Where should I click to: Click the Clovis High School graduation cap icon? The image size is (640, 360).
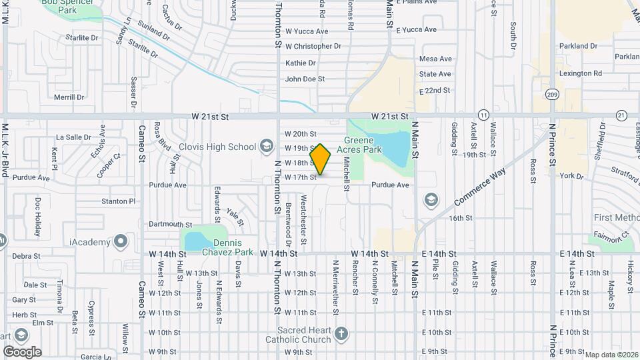coord(266,147)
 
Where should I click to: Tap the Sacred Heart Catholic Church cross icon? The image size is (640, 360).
coord(341,333)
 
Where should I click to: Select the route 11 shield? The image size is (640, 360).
coord(483,115)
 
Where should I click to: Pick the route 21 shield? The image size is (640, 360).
coord(621,115)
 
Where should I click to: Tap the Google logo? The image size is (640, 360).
coord(22,352)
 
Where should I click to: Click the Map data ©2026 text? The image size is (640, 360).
coord(611,355)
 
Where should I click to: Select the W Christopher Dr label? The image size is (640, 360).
coord(313,46)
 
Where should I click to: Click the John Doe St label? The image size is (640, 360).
coord(305,79)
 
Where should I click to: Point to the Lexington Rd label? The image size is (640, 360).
coord(581,73)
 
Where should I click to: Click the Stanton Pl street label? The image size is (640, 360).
coord(119,201)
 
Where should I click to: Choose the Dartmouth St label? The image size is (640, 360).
coord(170,225)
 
